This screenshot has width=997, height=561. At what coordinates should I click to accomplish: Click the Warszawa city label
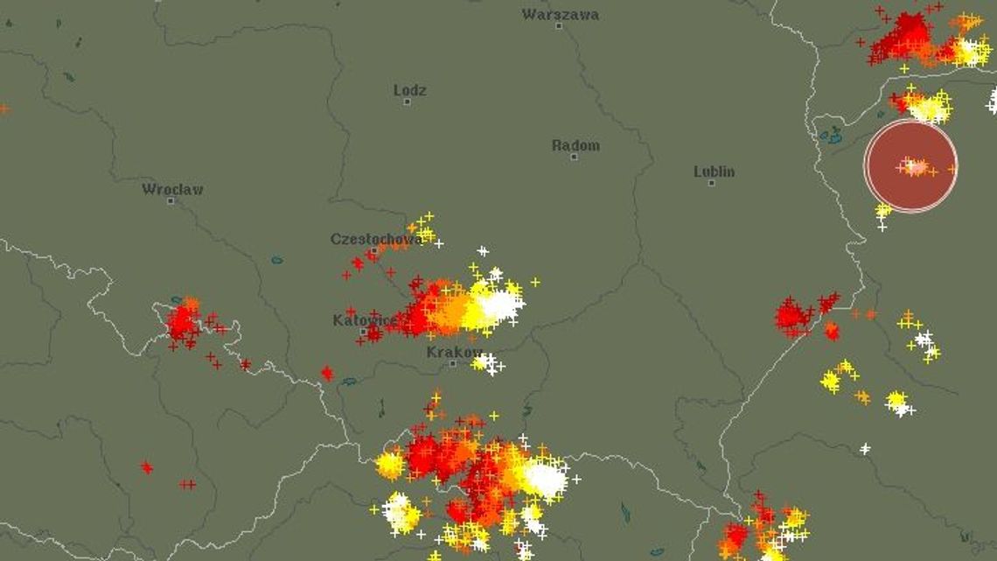pyautogui.click(x=561, y=14)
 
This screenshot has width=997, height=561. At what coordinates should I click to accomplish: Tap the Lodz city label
pyautogui.click(x=409, y=90)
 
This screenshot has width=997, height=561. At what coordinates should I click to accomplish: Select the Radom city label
pyautogui.click(x=575, y=145)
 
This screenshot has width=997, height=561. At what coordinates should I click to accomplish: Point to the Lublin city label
pyautogui.click(x=714, y=172)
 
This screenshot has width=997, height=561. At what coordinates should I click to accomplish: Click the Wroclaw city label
pyautogui.click(x=172, y=189)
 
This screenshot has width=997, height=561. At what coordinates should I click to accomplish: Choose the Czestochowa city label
pyautogui.click(x=374, y=239)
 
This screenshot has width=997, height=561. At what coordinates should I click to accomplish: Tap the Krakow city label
pyautogui.click(x=454, y=352)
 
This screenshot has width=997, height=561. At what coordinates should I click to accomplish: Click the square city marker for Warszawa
pyautogui.click(x=559, y=26)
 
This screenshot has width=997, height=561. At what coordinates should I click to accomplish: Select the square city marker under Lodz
pyautogui.click(x=407, y=102)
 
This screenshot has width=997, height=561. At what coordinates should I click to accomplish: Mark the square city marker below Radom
pyautogui.click(x=574, y=158)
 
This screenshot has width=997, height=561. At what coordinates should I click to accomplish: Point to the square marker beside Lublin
pyautogui.click(x=711, y=184)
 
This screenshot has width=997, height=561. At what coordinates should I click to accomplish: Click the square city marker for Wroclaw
pyautogui.click(x=171, y=200)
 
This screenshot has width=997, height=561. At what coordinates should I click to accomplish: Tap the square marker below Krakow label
pyautogui.click(x=452, y=363)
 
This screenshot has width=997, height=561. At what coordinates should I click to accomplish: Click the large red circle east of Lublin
pyautogui.click(x=910, y=166)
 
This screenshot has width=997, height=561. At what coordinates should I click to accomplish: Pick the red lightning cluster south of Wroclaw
pyautogui.click(x=184, y=322)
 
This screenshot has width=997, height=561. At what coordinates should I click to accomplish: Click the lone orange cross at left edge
pyautogui.click(x=3, y=109)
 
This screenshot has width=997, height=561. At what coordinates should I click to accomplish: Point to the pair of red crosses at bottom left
pyautogui.click(x=187, y=484)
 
